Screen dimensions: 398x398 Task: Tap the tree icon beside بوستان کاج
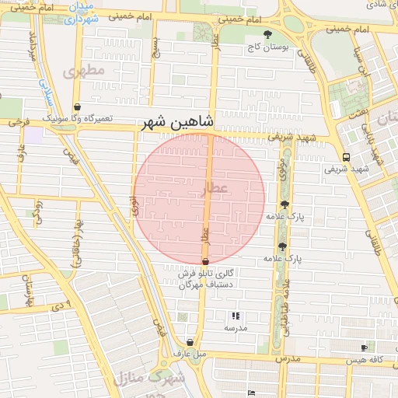(268, 34)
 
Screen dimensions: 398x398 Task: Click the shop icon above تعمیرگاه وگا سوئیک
(76, 106)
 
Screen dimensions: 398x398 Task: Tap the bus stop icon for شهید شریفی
(346, 155)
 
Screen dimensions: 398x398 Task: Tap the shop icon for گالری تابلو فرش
(204, 262)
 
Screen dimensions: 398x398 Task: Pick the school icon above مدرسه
(236, 316)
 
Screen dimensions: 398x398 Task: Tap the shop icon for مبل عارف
(190, 342)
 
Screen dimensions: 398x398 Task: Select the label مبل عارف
(190, 354)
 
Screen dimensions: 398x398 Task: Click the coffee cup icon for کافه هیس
(364, 347)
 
